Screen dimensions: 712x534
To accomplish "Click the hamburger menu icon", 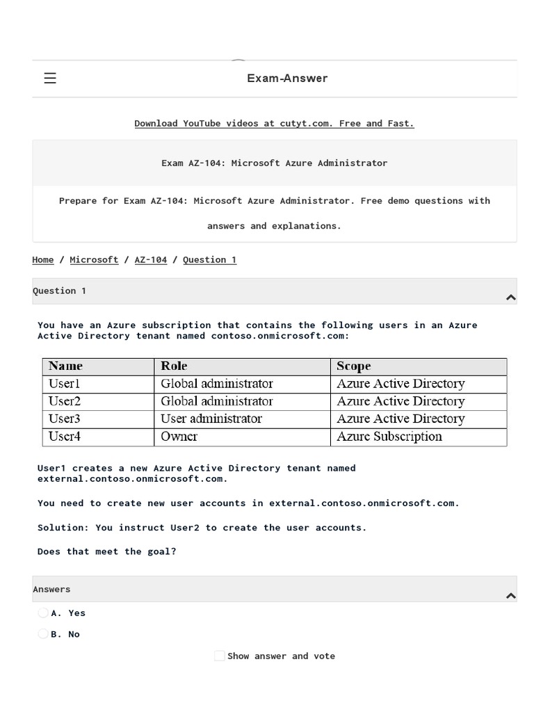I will tap(50, 79).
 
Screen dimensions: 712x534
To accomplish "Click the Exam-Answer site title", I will tap(287, 79).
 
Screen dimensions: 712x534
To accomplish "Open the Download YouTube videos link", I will tap(274, 124).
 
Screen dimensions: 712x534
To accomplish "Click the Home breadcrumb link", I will tap(42, 260).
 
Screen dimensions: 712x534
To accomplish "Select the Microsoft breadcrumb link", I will tap(94, 260).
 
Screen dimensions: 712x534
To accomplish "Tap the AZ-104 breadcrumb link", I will tap(150, 260).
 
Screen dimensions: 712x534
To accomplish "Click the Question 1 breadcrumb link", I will tap(209, 260).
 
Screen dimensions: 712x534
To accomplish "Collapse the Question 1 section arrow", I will tap(511, 298).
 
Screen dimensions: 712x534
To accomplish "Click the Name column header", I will tap(66, 366).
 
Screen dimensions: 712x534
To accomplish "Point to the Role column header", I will tap(174, 366).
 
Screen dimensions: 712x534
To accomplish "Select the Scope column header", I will tap(353, 366).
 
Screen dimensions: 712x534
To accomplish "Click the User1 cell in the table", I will tap(65, 384).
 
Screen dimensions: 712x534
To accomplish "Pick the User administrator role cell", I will tap(211, 419).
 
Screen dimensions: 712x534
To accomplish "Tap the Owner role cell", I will tap(179, 437).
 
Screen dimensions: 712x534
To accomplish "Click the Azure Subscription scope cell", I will tap(389, 437).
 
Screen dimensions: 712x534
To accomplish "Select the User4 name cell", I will tap(65, 437).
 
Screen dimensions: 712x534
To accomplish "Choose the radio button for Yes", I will tap(43, 613).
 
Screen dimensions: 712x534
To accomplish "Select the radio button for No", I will tap(43, 634).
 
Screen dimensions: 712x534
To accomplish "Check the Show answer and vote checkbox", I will tap(220, 656).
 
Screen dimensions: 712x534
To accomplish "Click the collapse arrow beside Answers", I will tap(511, 596).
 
